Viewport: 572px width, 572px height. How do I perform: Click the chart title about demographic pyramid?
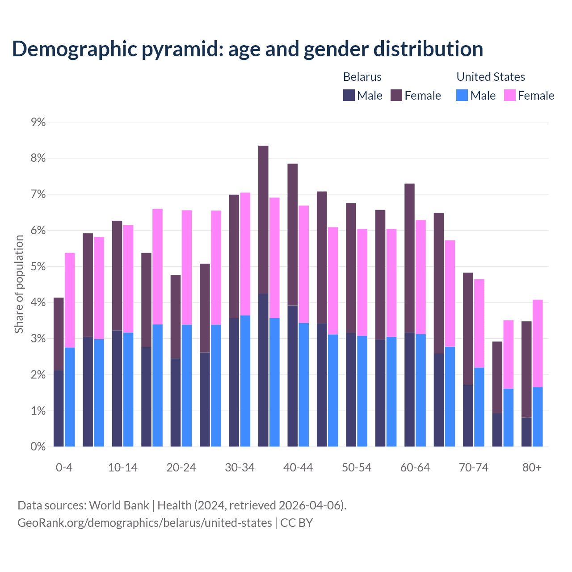(x=247, y=49)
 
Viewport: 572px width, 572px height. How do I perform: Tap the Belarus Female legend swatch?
(x=396, y=95)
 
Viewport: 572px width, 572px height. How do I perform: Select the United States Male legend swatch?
(x=462, y=95)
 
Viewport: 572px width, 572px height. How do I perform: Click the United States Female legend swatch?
(x=509, y=95)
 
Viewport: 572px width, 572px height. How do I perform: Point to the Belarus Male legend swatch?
(x=349, y=95)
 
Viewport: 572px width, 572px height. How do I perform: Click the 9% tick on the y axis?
(x=38, y=122)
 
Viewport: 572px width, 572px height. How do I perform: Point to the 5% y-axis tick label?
(x=38, y=267)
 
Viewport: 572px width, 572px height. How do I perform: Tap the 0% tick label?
(x=38, y=447)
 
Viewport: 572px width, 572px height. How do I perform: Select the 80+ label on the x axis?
(x=532, y=468)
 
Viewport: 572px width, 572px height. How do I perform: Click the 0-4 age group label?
(x=64, y=468)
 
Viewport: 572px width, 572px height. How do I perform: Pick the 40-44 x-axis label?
(x=298, y=468)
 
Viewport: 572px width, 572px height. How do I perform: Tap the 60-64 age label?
(x=415, y=468)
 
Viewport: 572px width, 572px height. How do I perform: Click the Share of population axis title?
(x=19, y=284)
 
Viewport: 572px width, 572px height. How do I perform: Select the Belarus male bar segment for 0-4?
(x=59, y=408)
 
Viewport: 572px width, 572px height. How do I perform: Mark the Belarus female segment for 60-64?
(x=409, y=258)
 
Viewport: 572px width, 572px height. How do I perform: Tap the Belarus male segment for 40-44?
(x=293, y=376)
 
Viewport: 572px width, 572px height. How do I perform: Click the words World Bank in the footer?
(x=119, y=505)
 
